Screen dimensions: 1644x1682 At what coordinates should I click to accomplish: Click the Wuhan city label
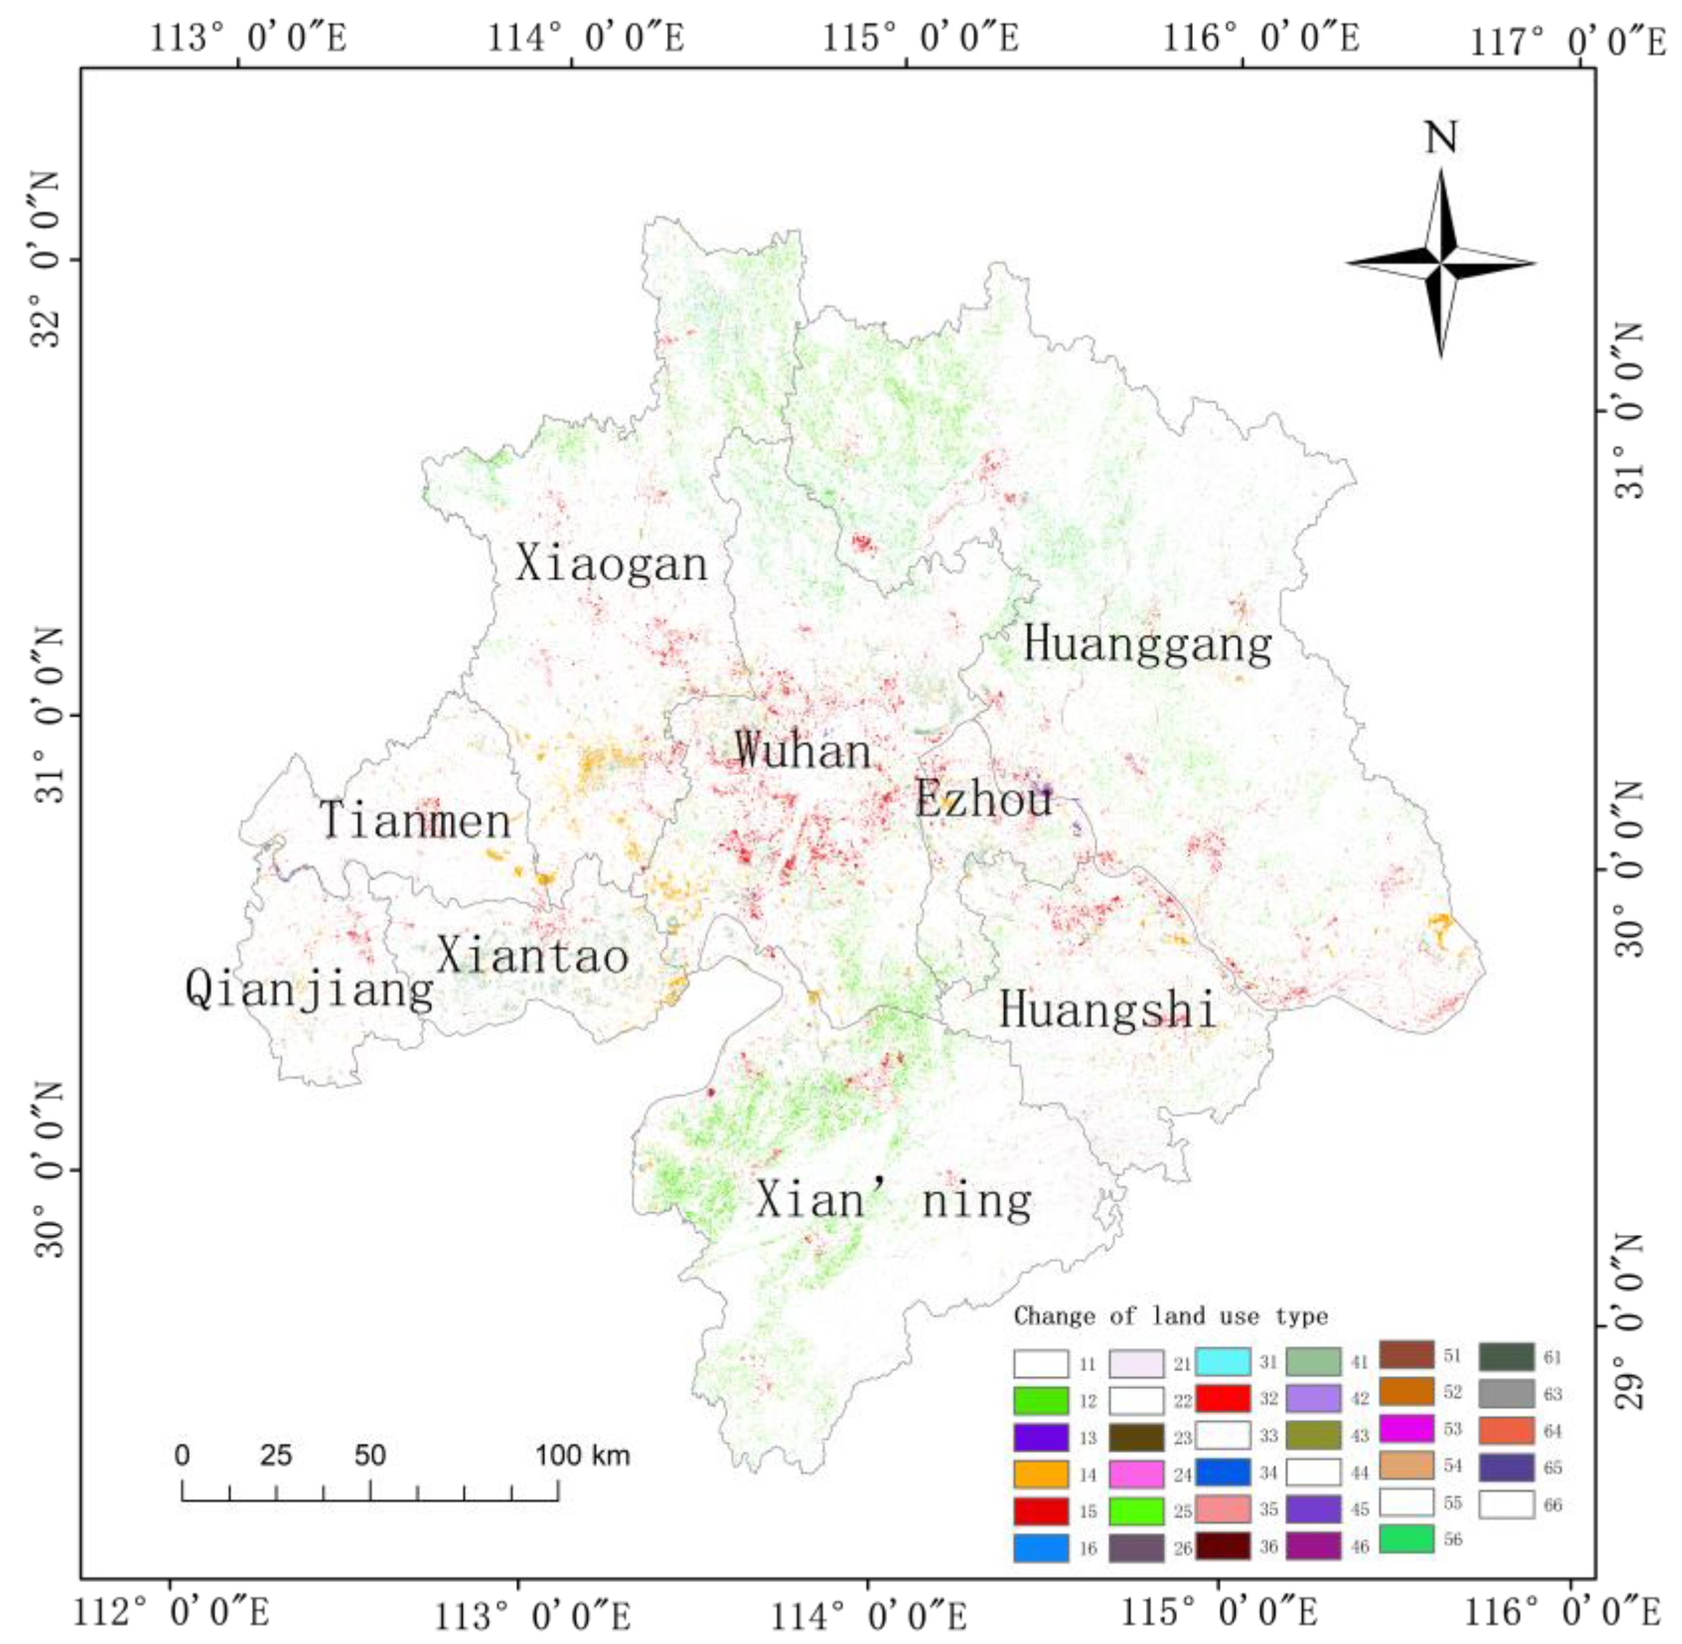pyautogui.click(x=803, y=751)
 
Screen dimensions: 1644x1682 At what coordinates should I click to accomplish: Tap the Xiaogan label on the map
pyautogui.click(x=611, y=565)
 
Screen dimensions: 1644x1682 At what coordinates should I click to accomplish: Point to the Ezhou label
pyautogui.click(x=983, y=799)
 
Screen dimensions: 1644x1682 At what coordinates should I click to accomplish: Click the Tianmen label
pyautogui.click(x=416, y=820)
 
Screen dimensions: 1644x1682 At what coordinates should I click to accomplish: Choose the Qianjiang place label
pyautogui.click(x=309, y=989)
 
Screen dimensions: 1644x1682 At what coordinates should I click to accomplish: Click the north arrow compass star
pyautogui.click(x=1440, y=263)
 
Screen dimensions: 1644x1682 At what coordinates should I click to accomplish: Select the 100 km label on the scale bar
pyautogui.click(x=583, y=1456)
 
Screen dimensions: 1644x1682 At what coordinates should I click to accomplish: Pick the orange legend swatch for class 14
pyautogui.click(x=1040, y=1475)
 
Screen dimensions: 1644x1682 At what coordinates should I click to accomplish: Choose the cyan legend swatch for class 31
pyautogui.click(x=1223, y=1361)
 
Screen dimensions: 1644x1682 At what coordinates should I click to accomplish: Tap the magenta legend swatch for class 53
pyautogui.click(x=1407, y=1429)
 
